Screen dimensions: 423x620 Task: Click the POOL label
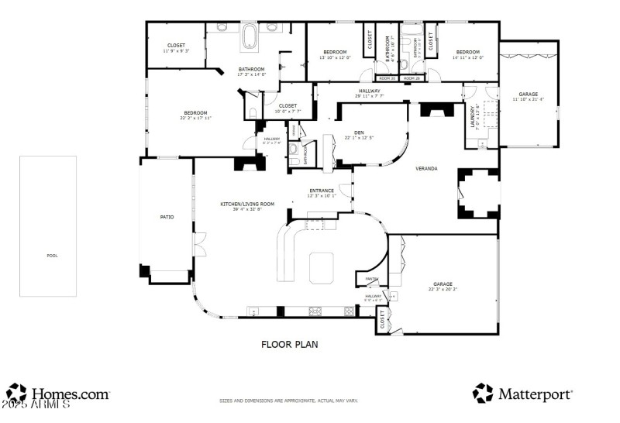coord(52,256)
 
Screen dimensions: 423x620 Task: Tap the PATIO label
coord(167,217)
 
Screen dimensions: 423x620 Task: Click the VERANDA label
coord(426,167)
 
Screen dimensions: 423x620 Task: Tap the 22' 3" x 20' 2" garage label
coord(443,287)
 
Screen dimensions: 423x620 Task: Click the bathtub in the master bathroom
coord(251,36)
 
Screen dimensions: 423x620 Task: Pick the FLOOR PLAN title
coord(289,344)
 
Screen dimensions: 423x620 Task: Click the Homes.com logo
coord(58,394)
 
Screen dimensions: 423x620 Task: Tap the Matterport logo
coord(523,394)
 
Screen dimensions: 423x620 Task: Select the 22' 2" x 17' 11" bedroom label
coord(195,115)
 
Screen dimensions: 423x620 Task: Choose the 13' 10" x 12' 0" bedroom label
coord(335,54)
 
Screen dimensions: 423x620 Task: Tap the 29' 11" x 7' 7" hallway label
coord(369,93)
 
